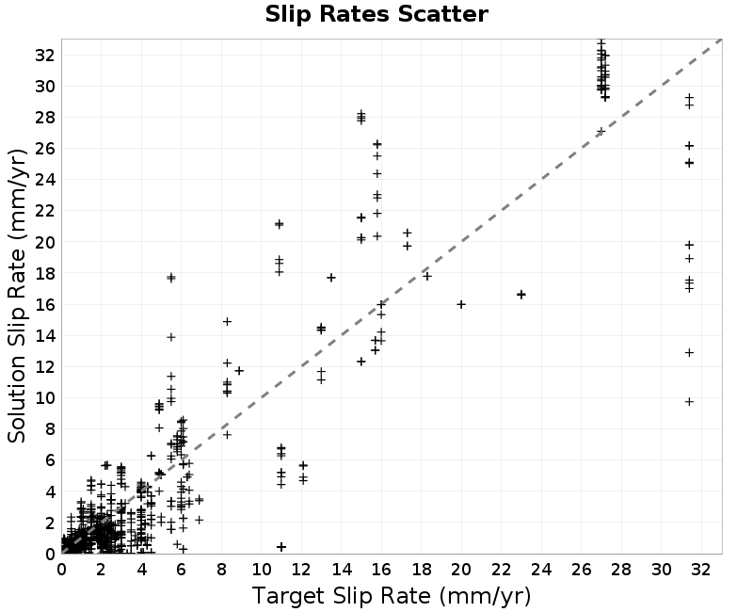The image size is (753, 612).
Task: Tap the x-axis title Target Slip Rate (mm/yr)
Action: tap(392, 596)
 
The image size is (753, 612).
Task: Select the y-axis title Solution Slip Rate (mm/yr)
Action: tap(17, 296)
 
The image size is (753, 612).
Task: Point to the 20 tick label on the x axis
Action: tap(461, 570)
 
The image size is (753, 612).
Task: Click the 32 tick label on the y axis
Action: tap(44, 56)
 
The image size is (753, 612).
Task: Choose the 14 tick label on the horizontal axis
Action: tap(342, 570)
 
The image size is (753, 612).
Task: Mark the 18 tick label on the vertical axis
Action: tap(44, 273)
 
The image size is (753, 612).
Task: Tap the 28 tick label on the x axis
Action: tap(621, 570)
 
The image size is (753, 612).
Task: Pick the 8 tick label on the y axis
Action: tap(50, 429)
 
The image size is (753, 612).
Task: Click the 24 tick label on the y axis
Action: tap(44, 180)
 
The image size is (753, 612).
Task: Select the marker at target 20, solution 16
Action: tap(461, 304)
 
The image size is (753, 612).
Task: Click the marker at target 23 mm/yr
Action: tap(521, 295)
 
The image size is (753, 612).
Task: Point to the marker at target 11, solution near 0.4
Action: tap(281, 547)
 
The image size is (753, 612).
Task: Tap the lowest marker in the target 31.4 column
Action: tap(689, 402)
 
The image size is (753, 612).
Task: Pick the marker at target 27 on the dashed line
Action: tap(601, 132)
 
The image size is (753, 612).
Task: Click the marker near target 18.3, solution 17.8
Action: tap(427, 276)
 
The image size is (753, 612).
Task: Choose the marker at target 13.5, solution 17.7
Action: tap(331, 278)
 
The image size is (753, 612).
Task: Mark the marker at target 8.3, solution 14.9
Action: tap(227, 321)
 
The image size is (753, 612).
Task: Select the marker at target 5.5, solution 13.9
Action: tap(171, 337)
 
